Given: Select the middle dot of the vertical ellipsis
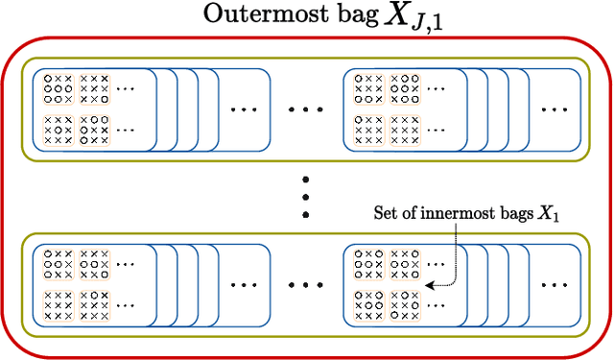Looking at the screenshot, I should (306, 197).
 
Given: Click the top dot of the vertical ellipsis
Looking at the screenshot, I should (306, 179).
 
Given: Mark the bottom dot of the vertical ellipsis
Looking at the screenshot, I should (306, 216).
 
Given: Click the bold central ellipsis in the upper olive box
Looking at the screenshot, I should (306, 109).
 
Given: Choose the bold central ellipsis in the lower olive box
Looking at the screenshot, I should (306, 285).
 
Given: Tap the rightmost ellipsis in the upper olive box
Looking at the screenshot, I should (554, 109).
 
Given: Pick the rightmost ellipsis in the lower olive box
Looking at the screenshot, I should (554, 285).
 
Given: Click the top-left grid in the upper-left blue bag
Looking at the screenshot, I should (58, 87).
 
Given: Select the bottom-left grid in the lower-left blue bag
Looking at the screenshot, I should (58, 302).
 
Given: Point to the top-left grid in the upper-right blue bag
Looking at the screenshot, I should (367, 87).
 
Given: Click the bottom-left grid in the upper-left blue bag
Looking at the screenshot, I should (58, 128).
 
